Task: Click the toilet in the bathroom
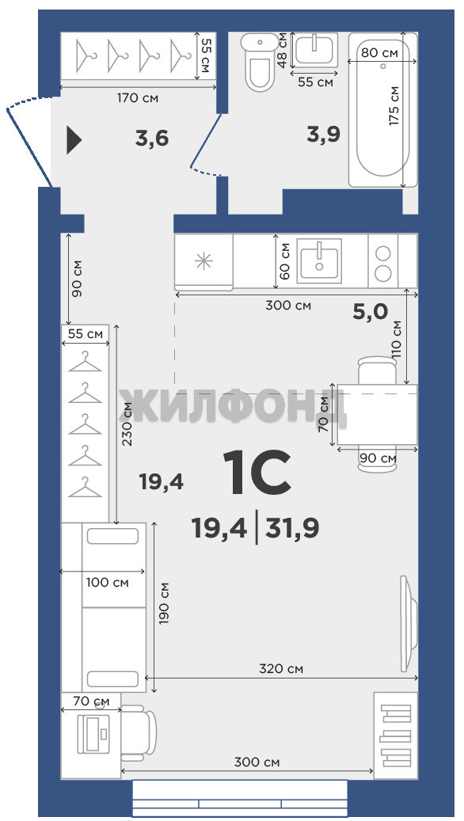tap(259, 62)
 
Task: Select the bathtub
tap(382, 109)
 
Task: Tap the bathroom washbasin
tap(314, 49)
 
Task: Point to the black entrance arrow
tap(74, 140)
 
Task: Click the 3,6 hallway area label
tap(152, 139)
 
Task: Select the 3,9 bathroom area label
tap(324, 135)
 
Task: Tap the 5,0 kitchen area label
tap(371, 312)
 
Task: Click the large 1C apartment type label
tap(257, 473)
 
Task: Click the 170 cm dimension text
tap(138, 97)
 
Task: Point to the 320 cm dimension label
tap(281, 669)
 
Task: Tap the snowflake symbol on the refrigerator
tap(203, 260)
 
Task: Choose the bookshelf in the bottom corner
tap(395, 735)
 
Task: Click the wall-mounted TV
tap(409, 623)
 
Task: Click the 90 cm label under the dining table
tap(378, 458)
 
